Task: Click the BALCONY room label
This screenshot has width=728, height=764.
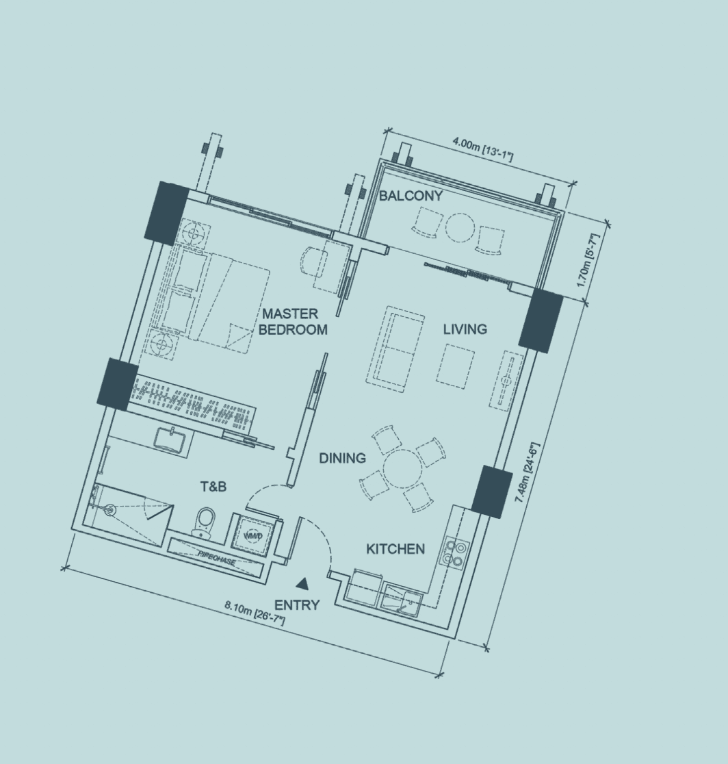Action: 411,196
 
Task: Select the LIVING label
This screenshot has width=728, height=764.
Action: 465,329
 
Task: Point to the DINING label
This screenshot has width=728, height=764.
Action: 342,459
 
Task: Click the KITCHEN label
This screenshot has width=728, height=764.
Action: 395,549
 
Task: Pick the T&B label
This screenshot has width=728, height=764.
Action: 213,487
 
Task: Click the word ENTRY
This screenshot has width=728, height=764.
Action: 297,605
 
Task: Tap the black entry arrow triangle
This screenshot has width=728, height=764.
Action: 302,584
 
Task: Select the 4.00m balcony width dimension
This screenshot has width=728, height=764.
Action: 482,149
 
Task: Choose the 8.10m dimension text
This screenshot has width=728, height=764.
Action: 255,613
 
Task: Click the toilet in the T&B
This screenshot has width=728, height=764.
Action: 203,522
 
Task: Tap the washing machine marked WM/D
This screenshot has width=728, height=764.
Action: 253,535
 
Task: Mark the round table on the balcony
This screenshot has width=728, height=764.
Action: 460,227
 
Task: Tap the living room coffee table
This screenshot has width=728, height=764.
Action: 456,366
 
